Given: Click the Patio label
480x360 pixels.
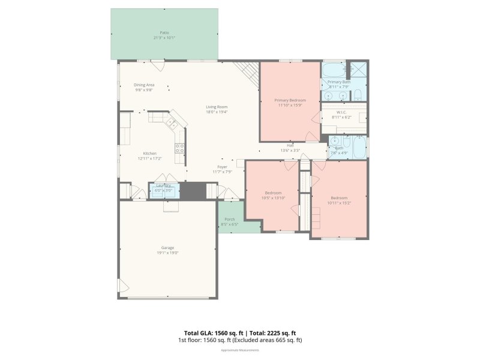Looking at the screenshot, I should point(164,32).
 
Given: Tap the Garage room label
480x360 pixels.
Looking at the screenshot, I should point(167,247).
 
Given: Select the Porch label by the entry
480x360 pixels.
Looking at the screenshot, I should point(230,219).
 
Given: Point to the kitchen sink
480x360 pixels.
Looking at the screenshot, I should point(172,123).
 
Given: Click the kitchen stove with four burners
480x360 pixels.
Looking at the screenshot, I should point(179,147).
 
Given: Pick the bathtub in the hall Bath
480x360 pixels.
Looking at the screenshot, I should point(358,148).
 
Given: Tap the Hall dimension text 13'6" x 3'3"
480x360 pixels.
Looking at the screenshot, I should point(290,151).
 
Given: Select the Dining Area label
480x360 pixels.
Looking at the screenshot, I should point(144,85).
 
